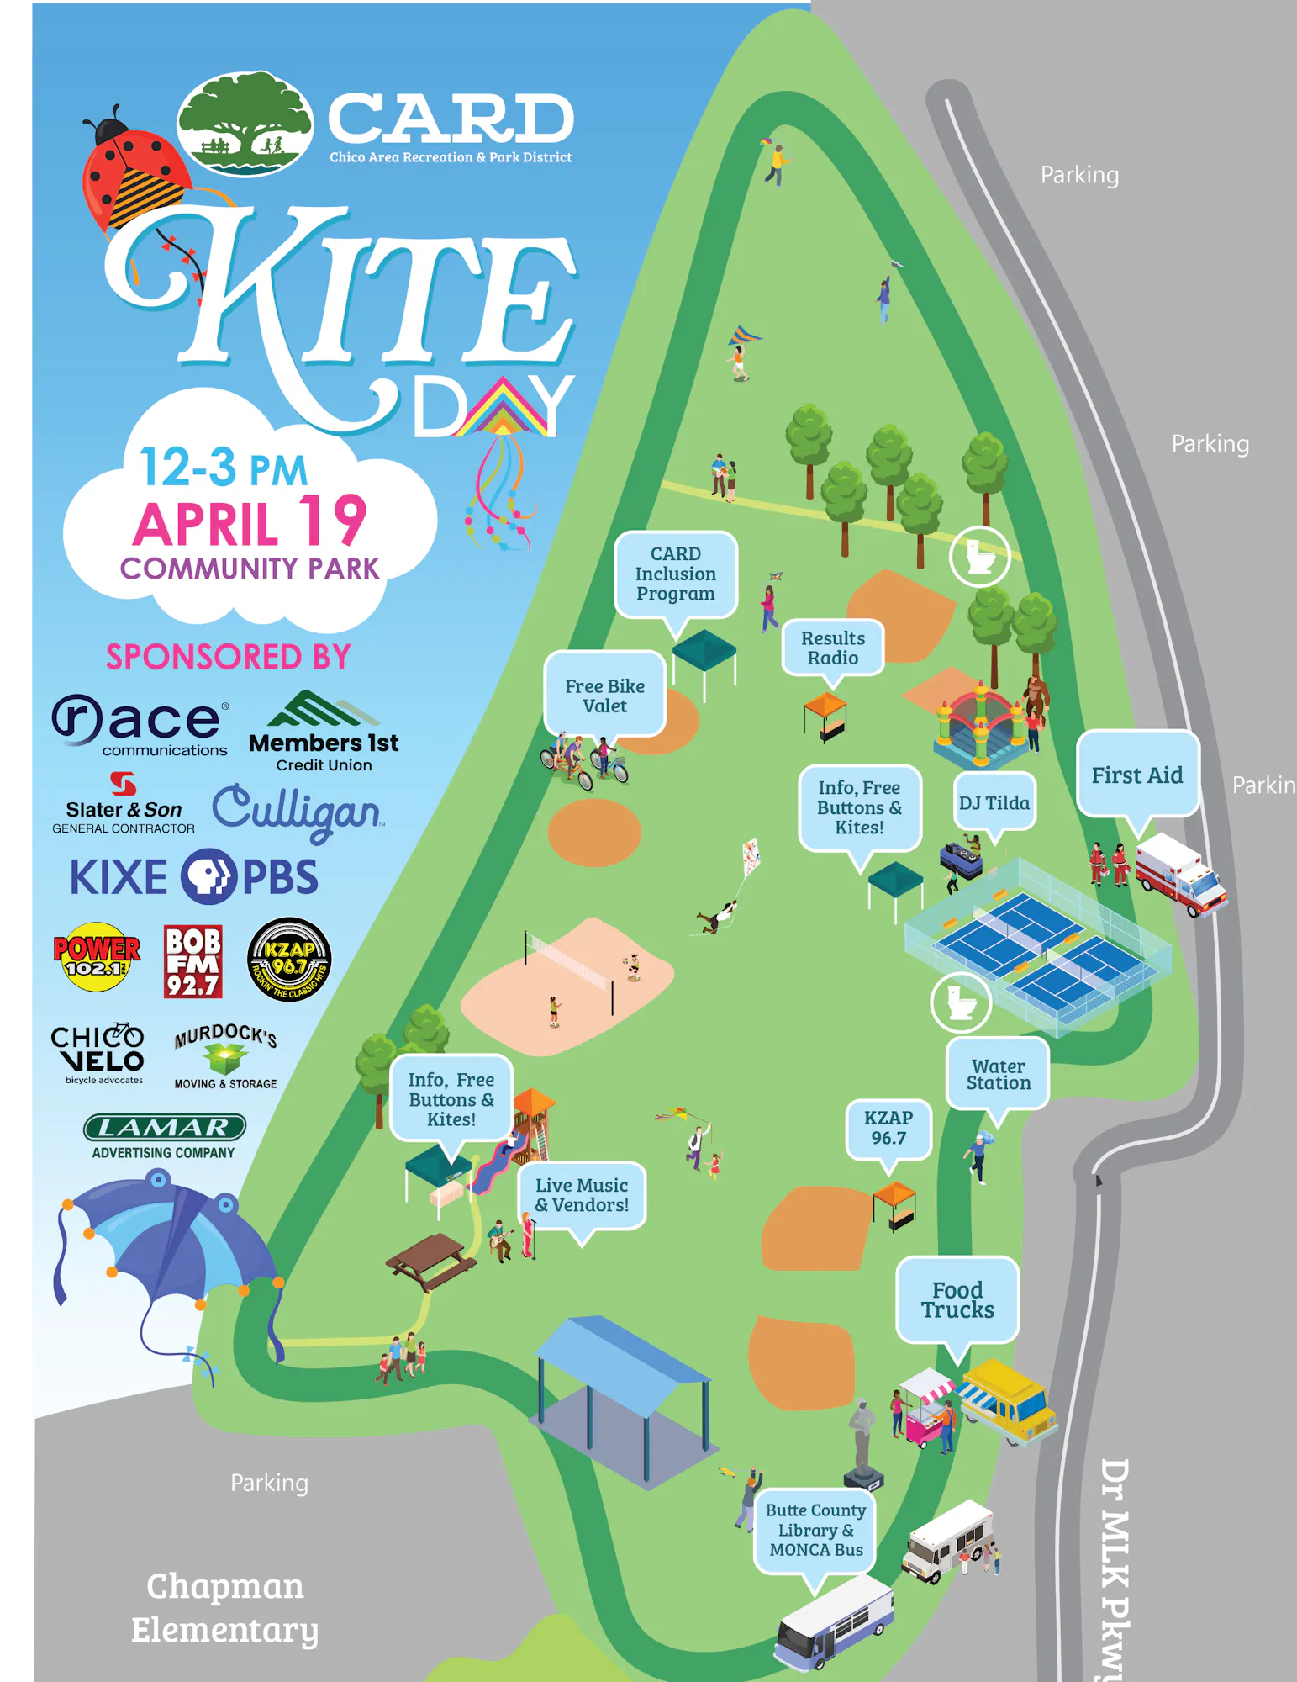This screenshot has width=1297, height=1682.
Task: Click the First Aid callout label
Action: pyautogui.click(x=1137, y=775)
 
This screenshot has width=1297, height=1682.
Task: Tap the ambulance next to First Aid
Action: pyautogui.click(x=1178, y=874)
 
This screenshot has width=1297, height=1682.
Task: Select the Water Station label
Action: pyautogui.click(x=998, y=1075)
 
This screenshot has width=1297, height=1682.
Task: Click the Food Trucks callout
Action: pyautogui.click(x=957, y=1300)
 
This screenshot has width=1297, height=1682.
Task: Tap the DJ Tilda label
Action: pyautogui.click(x=994, y=803)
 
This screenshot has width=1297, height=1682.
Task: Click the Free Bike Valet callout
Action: pyautogui.click(x=604, y=696)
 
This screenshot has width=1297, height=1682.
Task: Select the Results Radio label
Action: pyautogui.click(x=832, y=648)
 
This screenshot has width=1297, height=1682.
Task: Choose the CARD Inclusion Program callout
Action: pyautogui.click(x=675, y=574)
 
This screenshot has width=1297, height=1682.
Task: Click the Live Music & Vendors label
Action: pyautogui.click(x=582, y=1195)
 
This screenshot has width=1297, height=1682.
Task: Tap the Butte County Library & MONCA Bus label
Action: pyautogui.click(x=815, y=1530)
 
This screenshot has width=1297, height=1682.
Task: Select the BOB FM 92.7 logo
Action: pyautogui.click(x=192, y=961)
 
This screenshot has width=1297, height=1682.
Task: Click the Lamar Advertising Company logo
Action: pyautogui.click(x=164, y=1136)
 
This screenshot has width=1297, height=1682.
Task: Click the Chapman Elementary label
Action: pyautogui.click(x=224, y=1607)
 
